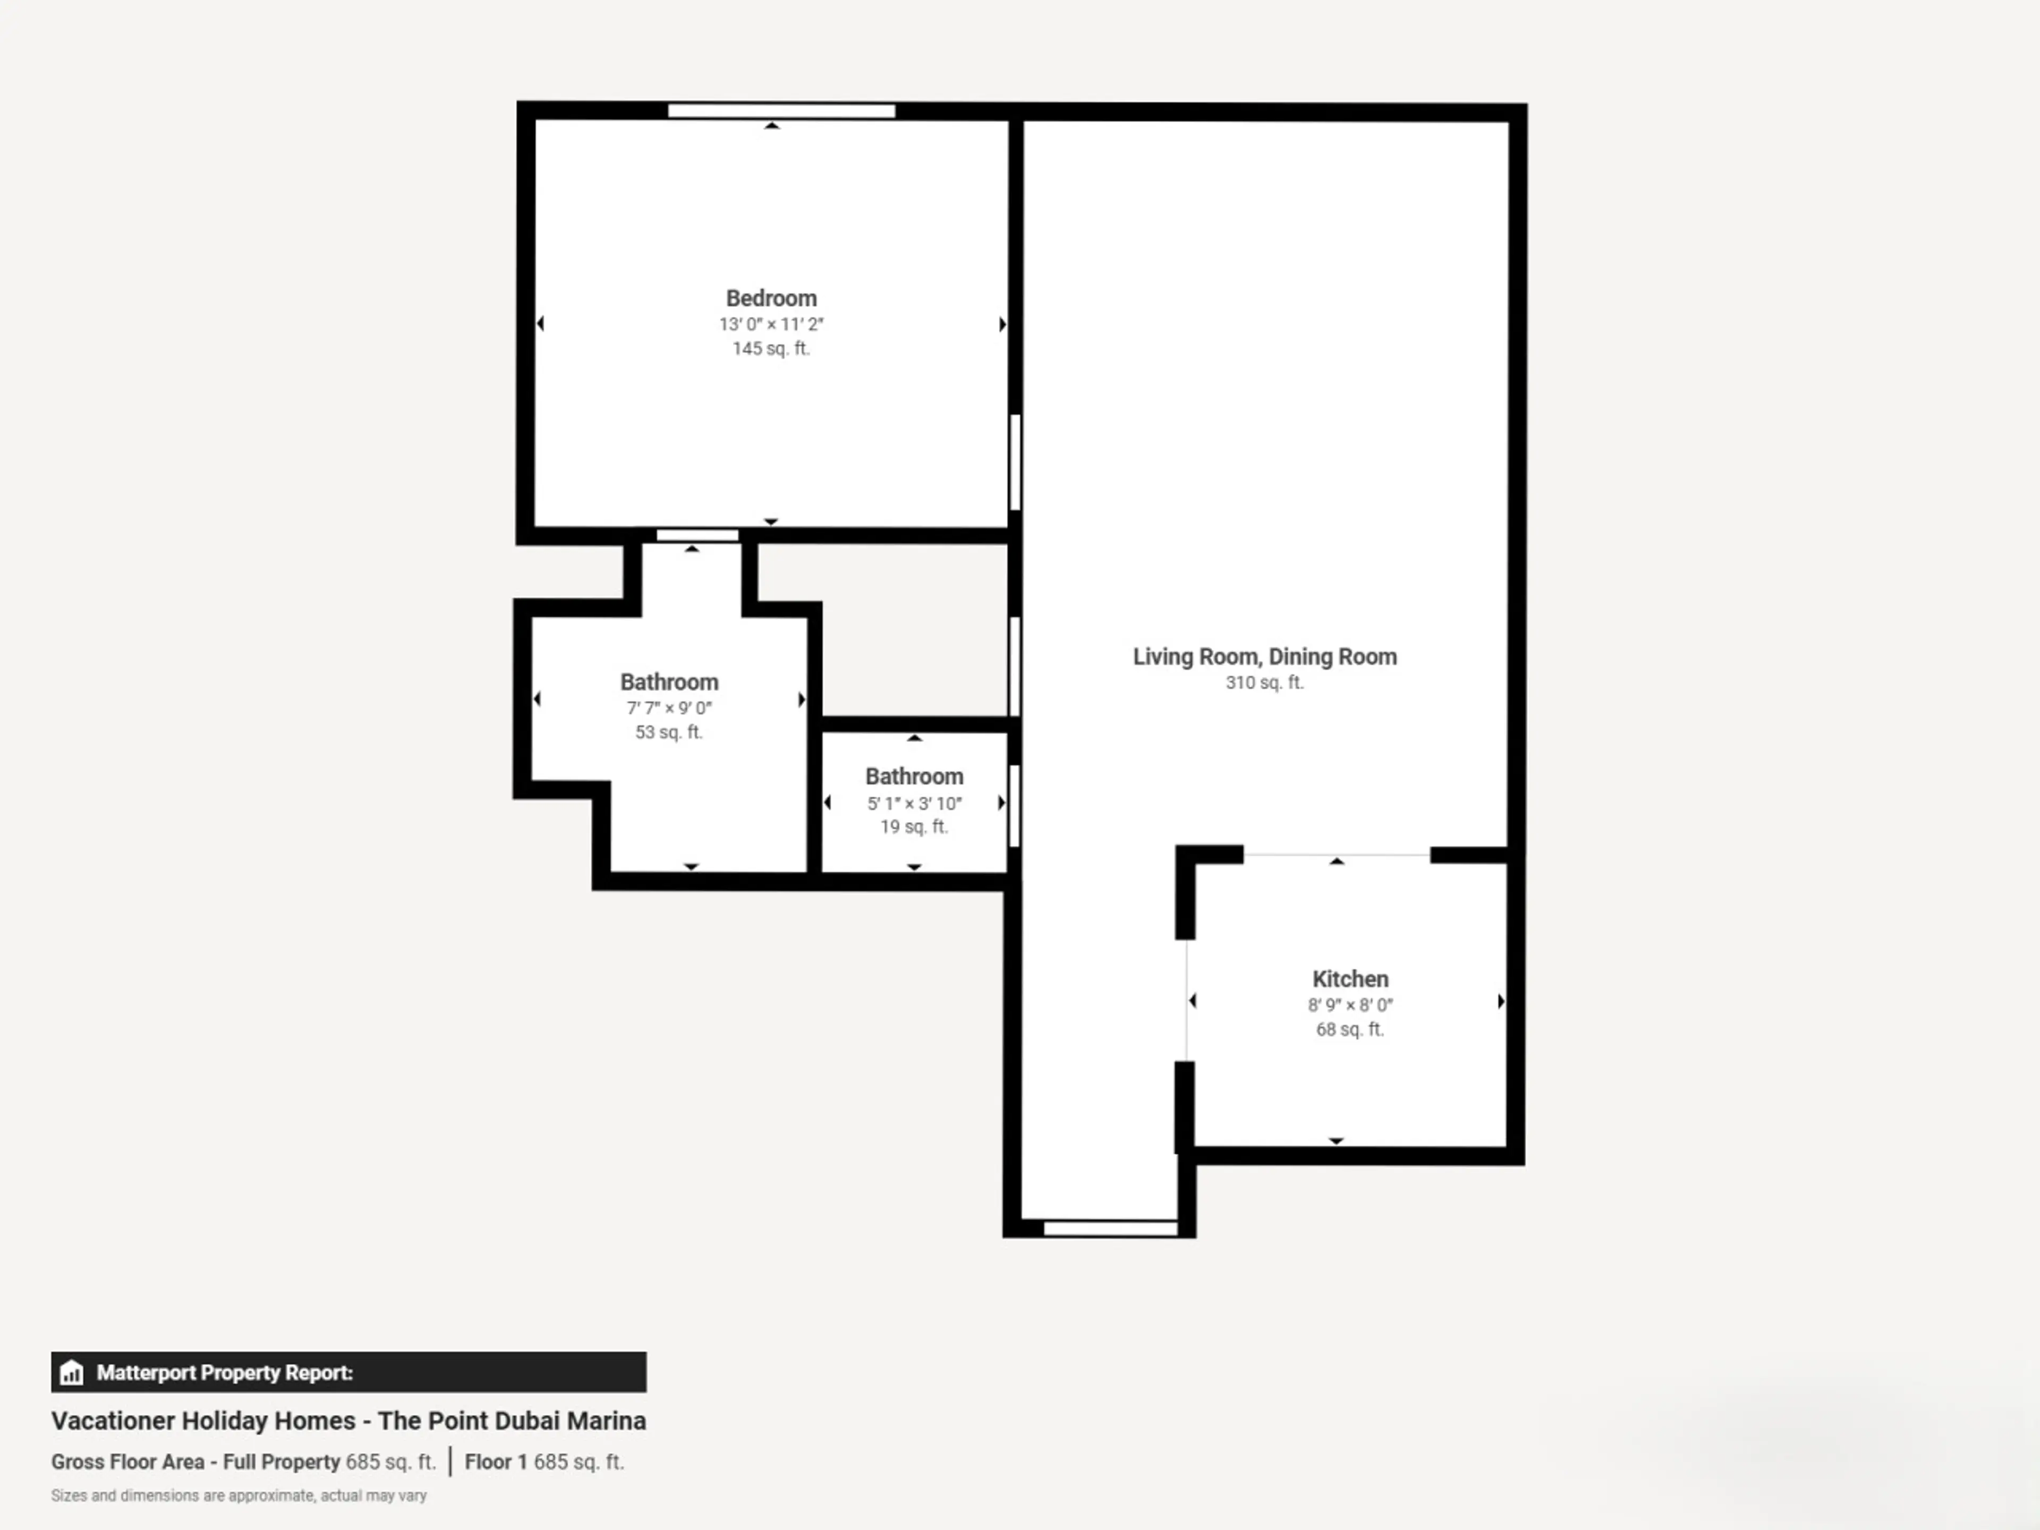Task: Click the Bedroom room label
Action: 771,298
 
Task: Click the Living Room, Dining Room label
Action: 1264,657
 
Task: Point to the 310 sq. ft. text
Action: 1264,683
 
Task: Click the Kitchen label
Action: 1350,979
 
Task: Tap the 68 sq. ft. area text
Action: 1350,1029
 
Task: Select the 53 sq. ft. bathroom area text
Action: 669,732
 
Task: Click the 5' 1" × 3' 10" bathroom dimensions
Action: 914,803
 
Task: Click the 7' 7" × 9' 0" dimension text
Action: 669,708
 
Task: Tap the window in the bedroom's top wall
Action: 781,110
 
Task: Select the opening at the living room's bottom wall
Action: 1110,1228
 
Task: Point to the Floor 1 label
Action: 495,1462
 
